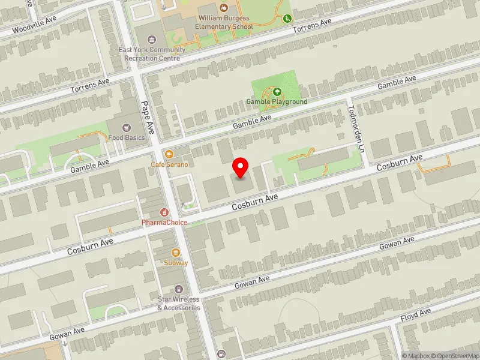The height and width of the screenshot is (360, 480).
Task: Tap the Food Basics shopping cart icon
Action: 127,127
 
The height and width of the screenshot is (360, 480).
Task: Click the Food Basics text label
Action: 127,138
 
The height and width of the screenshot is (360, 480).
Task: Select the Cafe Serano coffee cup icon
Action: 169,154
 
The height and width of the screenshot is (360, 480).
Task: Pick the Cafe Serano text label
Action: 169,164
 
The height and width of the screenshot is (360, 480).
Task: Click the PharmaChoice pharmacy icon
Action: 164,212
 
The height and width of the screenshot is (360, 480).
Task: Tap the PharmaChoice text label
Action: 164,223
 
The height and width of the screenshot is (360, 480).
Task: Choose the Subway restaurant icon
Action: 176,253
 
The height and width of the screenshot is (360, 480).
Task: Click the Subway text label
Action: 176,263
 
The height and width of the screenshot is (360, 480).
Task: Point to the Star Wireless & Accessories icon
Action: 178,290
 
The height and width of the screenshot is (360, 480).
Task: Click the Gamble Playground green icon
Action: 277,92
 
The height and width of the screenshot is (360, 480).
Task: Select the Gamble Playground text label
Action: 277,101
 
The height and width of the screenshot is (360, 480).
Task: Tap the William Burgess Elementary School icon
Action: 224,8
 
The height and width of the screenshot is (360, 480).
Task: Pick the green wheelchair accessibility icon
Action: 287,19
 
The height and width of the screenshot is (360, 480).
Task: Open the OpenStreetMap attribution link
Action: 454,356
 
